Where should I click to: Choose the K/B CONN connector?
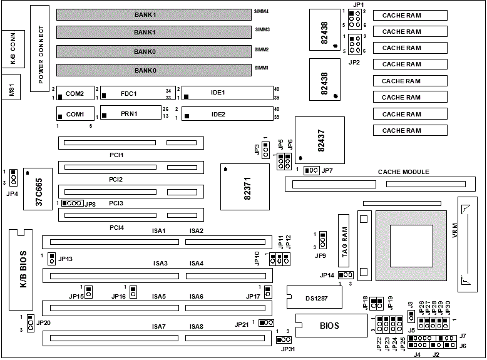[12, 49]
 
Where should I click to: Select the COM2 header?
[74, 93]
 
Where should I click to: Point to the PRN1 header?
[130, 114]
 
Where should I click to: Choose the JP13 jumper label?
[65, 259]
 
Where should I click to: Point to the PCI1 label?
[116, 154]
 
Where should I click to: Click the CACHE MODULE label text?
[403, 172]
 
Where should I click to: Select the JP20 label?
[44, 322]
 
